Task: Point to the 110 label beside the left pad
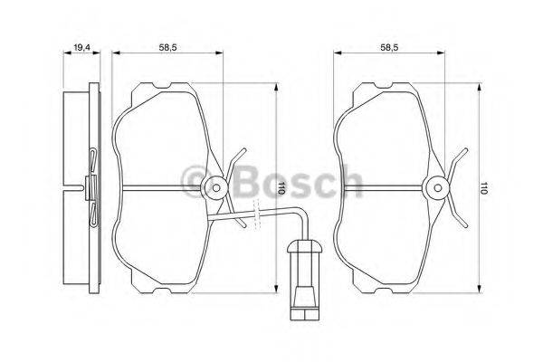click(x=281, y=189)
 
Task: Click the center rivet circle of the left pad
click(x=215, y=188)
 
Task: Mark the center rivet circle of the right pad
click(x=439, y=188)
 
